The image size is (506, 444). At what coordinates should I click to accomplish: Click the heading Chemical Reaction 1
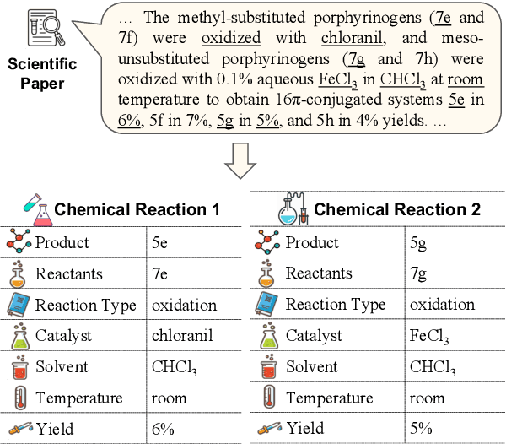pyautogui.click(x=137, y=209)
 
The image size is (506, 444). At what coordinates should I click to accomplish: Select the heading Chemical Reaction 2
pyautogui.click(x=396, y=209)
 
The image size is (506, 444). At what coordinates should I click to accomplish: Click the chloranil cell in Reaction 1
pyautogui.click(x=182, y=336)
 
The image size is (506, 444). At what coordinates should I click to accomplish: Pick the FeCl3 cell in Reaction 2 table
pyautogui.click(x=429, y=336)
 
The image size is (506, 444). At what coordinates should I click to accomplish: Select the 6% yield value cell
pyautogui.click(x=164, y=428)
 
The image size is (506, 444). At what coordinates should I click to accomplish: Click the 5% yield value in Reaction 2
pyautogui.click(x=422, y=428)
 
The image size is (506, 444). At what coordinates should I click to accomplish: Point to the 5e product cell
pyautogui.click(x=161, y=244)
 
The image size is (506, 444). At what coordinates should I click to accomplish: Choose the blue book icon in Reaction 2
pyautogui.click(x=266, y=306)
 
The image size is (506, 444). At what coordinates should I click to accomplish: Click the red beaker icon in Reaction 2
pyautogui.click(x=266, y=367)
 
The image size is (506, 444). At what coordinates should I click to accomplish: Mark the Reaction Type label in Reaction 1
pyautogui.click(x=85, y=305)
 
